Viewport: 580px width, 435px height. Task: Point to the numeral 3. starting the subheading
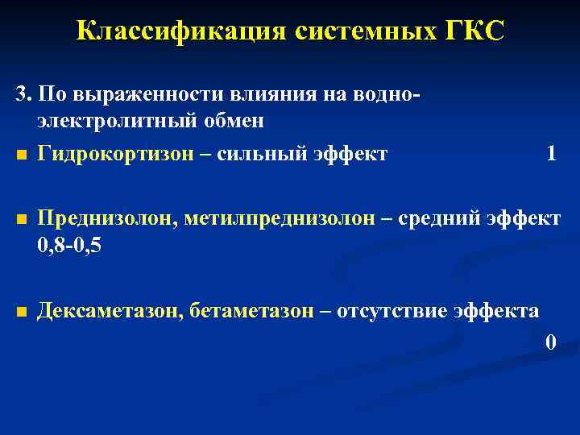click(23, 93)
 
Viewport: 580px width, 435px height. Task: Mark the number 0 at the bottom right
click(551, 342)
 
